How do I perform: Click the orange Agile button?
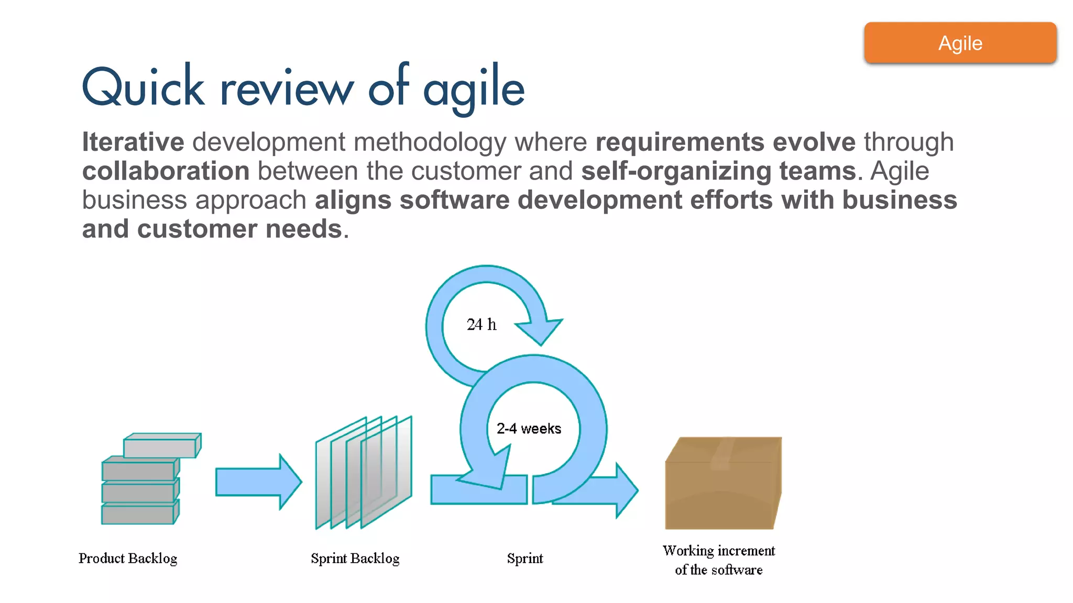click(960, 43)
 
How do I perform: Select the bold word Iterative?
click(133, 142)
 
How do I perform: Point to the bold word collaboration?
click(166, 172)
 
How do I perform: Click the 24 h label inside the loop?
click(481, 325)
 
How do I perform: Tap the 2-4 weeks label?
click(529, 429)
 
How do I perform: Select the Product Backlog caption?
click(128, 559)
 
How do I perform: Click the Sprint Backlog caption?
click(355, 559)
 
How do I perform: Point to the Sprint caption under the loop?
click(524, 559)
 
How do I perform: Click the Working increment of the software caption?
click(718, 560)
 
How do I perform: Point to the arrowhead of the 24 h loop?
click(541, 330)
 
